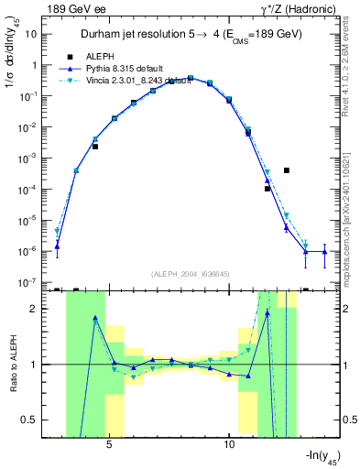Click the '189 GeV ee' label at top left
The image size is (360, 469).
point(73,8)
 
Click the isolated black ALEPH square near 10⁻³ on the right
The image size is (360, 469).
point(287,170)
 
